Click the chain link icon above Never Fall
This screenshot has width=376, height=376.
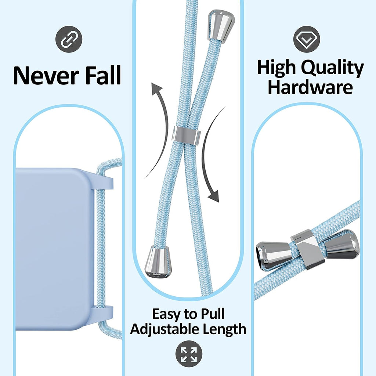[x=69, y=39]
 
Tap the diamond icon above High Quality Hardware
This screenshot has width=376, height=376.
[x=307, y=39]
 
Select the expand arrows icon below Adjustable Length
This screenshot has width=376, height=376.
[x=189, y=354]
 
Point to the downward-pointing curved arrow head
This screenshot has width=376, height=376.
[x=213, y=195]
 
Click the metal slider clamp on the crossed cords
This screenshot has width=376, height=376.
[x=187, y=135]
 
